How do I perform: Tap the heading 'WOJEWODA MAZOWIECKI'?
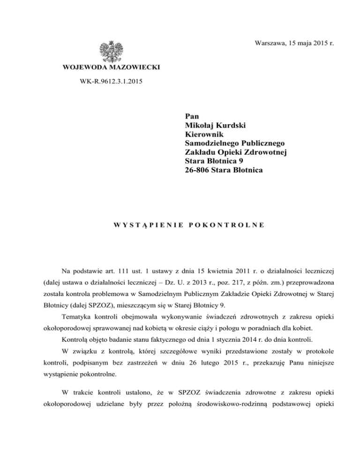click(x=111, y=68)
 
